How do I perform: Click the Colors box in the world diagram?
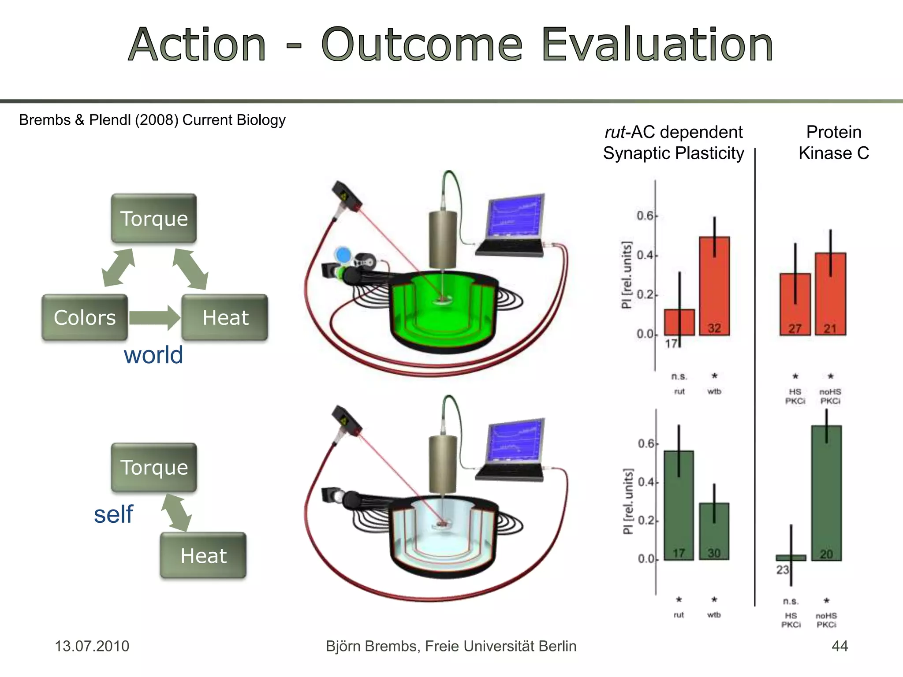[x=85, y=317]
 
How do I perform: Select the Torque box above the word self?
[x=154, y=467]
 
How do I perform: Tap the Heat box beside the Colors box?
[x=225, y=317]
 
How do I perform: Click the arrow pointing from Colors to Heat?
[x=154, y=318]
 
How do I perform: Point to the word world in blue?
[x=153, y=355]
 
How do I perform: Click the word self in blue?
[x=113, y=514]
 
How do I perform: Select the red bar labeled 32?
[x=714, y=286]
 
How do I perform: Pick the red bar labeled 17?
[x=679, y=322]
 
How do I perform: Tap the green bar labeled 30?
[x=714, y=531]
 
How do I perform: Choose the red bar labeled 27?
[x=795, y=304]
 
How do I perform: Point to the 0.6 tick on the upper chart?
[x=646, y=216]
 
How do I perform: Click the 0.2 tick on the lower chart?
[x=647, y=521]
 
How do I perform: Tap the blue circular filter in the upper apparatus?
[x=343, y=255]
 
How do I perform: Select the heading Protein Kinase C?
[x=833, y=142]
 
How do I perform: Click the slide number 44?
[x=840, y=646]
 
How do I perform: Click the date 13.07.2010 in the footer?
[x=92, y=646]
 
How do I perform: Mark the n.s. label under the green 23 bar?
[x=791, y=601]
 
